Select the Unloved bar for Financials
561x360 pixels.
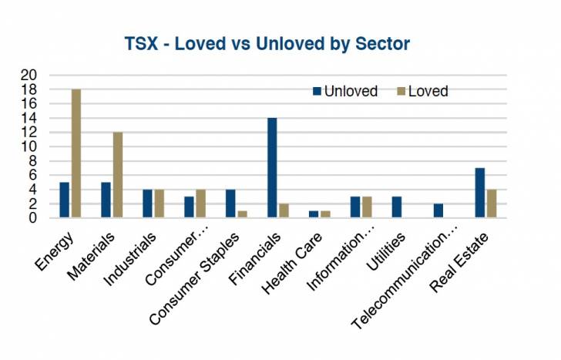[x=271, y=168]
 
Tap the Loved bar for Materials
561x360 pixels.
[x=117, y=175]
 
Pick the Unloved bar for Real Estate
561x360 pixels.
[x=479, y=193]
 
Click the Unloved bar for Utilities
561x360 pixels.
[x=396, y=207]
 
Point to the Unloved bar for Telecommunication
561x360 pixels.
[x=438, y=210]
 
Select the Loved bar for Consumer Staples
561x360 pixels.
[x=242, y=214]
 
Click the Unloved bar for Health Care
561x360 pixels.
[x=313, y=214]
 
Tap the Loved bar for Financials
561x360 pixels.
[x=283, y=210]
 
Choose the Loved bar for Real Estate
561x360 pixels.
[x=491, y=204]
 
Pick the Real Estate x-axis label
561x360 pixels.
[x=466, y=255]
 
